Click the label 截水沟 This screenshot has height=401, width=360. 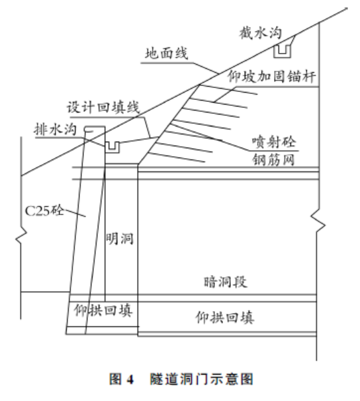pos(261,33)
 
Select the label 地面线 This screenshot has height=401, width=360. pos(167,54)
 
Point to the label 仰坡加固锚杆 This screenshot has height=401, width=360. pos(271,76)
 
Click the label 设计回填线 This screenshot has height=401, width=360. pos(103,107)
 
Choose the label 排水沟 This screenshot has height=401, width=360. pos(55,129)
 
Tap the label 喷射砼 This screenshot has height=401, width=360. pos(274,142)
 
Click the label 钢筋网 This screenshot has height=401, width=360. pos(273,160)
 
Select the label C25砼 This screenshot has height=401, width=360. pos(44,210)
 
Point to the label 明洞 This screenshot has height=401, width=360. pos(119,239)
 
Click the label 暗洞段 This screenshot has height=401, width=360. pos(225,282)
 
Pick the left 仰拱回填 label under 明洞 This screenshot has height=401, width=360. pos(103,310)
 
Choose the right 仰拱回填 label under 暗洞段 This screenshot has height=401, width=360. pos(225,318)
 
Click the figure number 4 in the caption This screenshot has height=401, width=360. pos(130,379)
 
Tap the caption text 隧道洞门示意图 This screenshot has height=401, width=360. pos(201,379)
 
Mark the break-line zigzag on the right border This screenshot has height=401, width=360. pos(318,222)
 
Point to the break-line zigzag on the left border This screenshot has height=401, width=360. pos(21,236)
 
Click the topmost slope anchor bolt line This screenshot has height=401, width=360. pos(228,89)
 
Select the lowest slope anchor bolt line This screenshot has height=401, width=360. pos(177,157)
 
